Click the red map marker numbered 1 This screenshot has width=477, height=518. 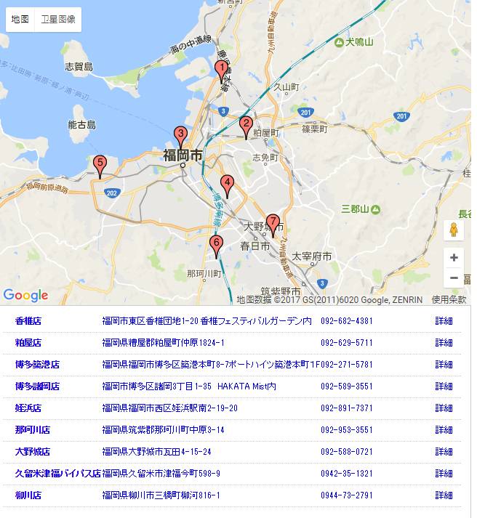(221, 70)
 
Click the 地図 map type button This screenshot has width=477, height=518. (20, 20)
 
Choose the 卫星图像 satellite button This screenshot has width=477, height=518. (58, 20)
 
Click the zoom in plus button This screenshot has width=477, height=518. (454, 258)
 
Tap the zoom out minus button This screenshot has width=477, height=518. (454, 278)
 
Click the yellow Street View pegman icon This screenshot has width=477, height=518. (454, 230)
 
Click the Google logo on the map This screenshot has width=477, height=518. (25, 295)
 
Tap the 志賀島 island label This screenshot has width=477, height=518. (79, 67)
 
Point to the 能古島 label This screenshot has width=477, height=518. (81, 125)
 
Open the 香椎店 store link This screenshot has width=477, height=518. (28, 321)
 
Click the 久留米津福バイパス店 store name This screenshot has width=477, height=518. (57, 474)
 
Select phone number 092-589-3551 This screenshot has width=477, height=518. (347, 387)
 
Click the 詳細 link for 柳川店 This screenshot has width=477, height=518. (444, 495)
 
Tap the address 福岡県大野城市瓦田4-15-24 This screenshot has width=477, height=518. (157, 452)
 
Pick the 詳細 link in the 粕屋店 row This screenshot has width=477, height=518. (444, 343)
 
